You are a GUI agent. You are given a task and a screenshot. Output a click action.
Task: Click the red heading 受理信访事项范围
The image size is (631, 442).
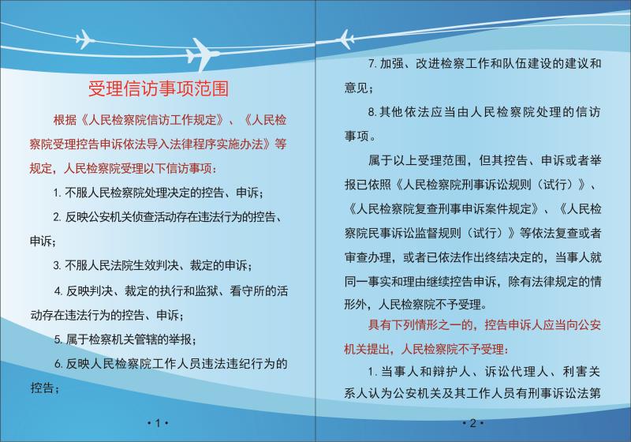click(x=159, y=88)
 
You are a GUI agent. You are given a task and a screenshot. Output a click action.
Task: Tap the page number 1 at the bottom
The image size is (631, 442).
click(x=158, y=423)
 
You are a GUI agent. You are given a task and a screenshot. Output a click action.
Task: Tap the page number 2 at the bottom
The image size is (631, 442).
click(x=472, y=423)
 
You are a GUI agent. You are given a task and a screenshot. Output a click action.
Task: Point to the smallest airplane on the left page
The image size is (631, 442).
click(x=85, y=39)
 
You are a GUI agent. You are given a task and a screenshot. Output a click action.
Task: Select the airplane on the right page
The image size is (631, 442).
click(x=345, y=39)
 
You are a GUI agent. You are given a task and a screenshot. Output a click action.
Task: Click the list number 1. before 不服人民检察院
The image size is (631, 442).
click(x=57, y=193)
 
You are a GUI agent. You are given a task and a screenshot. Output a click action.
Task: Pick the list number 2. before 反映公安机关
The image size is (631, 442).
click(x=57, y=217)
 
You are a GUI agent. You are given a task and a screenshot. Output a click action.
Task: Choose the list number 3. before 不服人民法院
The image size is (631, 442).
click(x=57, y=266)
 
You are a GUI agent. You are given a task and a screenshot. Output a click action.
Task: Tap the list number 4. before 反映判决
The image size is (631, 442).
click(x=58, y=291)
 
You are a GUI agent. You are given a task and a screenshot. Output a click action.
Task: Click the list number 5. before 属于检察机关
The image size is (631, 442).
click(x=58, y=339)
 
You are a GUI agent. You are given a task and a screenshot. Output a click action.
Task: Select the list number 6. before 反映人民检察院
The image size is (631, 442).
click(x=58, y=365)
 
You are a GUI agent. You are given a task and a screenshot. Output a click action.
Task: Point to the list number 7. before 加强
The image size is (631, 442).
click(x=372, y=64)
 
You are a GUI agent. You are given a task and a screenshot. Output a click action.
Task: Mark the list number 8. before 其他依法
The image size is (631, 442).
click(x=372, y=112)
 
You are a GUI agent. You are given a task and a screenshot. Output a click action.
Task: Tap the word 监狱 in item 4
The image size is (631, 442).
click(x=207, y=290)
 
